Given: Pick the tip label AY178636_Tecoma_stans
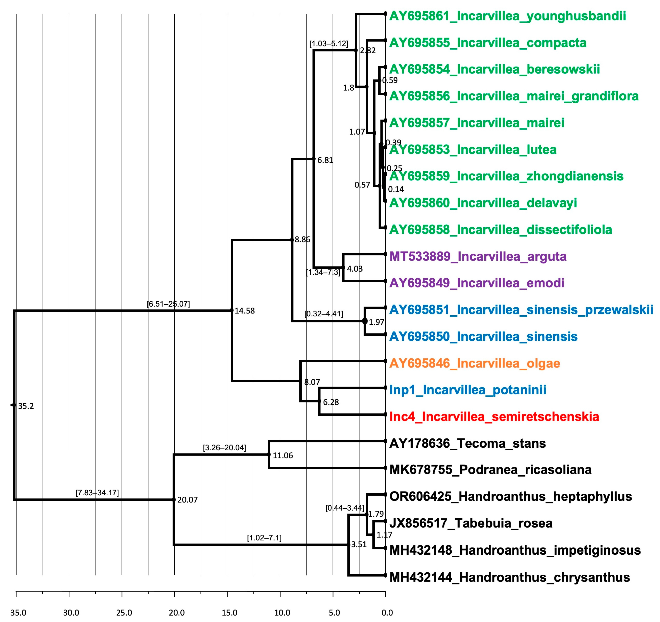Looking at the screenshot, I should (467, 443).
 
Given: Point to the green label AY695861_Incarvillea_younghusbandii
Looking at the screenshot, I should (507, 16).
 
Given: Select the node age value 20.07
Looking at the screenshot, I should (187, 500).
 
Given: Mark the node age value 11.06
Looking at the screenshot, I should (283, 455).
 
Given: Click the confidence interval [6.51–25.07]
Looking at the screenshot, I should (168, 304).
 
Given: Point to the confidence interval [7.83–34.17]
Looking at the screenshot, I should (97, 492).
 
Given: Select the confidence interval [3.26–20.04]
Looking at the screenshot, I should (224, 448).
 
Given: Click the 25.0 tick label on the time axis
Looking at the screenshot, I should (124, 613).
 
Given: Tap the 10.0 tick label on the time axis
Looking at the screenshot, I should (282, 613).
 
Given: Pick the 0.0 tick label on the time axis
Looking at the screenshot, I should (387, 613).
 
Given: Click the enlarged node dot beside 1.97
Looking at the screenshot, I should (365, 321).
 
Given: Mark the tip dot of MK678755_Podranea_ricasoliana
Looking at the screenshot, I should (385, 468).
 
